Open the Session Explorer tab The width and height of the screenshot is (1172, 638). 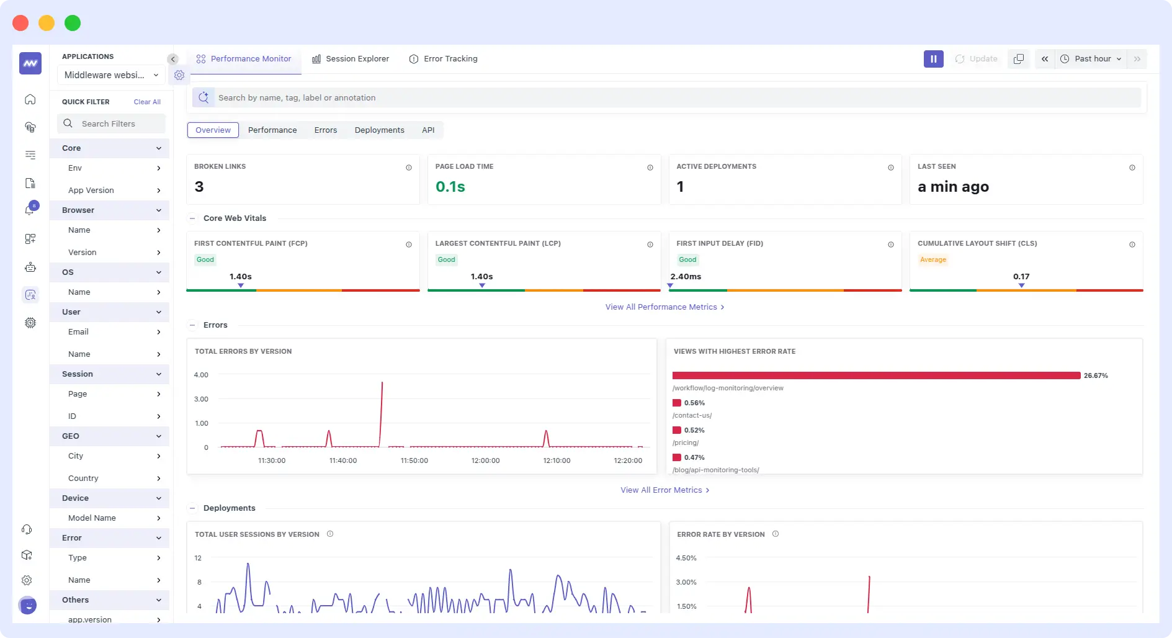[351, 59]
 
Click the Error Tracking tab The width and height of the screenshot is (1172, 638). [444, 59]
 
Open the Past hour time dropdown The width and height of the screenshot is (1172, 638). [1091, 59]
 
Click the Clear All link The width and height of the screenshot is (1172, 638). [147, 102]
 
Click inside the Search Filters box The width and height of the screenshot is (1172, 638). [112, 124]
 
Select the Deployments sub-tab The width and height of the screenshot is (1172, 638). [379, 130]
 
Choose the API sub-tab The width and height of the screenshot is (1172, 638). [428, 130]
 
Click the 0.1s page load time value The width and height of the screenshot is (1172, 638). [450, 187]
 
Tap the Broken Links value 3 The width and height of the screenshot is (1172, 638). [199, 187]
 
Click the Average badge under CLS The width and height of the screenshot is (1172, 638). [933, 260]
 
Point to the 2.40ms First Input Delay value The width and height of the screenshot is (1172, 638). [686, 277]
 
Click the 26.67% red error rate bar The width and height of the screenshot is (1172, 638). [875, 375]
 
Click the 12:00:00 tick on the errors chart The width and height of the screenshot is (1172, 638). [485, 461]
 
